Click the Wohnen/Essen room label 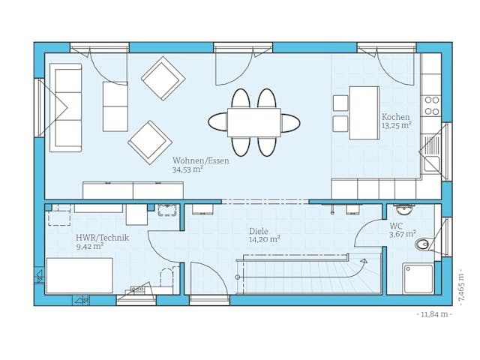click(200, 160)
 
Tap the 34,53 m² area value click(187, 170)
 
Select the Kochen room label click(395, 117)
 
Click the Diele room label click(258, 232)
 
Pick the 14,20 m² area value click(265, 240)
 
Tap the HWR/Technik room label click(102, 238)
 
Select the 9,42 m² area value click(89, 246)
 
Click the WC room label click(396, 226)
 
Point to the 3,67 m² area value click(401, 235)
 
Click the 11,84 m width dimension click(434, 314)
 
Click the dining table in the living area click(253, 122)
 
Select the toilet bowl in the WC click(424, 243)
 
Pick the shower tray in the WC click(418, 278)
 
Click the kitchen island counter click(364, 112)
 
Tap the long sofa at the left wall click(66, 107)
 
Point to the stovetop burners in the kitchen click(431, 105)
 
